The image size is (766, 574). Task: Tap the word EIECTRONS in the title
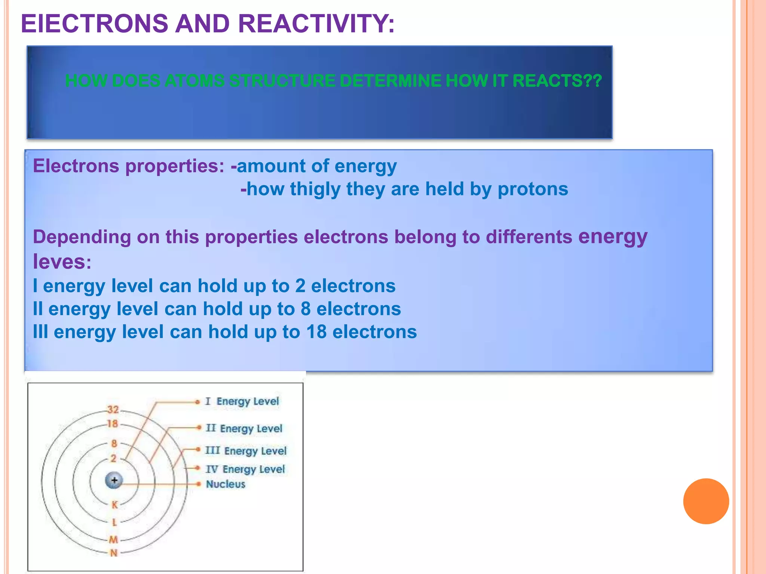click(95, 24)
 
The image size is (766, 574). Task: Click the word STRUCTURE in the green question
click(282, 81)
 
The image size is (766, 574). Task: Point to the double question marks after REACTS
click(592, 81)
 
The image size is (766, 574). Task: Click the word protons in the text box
click(533, 189)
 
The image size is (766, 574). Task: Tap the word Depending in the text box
click(82, 237)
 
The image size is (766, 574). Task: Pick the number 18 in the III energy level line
click(316, 332)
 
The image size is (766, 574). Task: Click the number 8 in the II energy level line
click(306, 309)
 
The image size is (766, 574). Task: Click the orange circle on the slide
click(706, 501)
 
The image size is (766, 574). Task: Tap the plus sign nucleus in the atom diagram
click(114, 480)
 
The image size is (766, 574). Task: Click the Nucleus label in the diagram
click(226, 484)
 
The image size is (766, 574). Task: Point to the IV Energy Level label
click(245, 469)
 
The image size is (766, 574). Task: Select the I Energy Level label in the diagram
click(242, 401)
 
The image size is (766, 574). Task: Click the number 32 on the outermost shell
click(113, 410)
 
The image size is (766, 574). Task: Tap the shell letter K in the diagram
click(114, 505)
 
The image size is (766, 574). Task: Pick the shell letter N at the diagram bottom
click(114, 553)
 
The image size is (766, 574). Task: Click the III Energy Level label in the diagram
click(246, 451)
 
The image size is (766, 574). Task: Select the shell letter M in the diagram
click(113, 539)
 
